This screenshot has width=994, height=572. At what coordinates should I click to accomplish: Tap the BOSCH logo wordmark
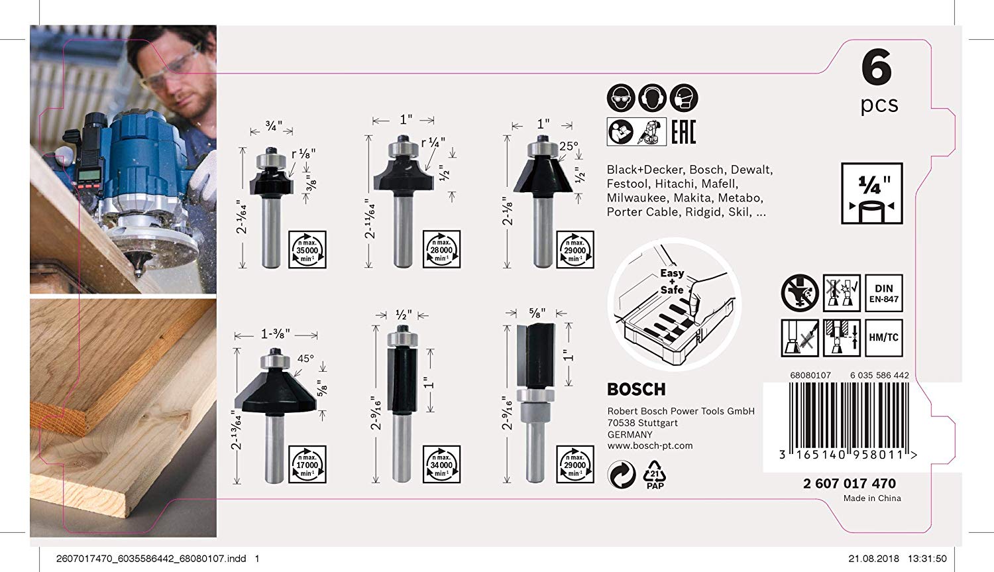636,389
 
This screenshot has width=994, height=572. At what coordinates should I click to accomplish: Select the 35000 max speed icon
307,250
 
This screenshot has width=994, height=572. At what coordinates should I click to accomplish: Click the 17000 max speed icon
307,464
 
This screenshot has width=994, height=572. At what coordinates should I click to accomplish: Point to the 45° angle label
305,359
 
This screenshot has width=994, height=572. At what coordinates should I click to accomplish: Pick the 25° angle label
569,146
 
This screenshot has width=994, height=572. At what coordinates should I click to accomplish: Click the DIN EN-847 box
884,293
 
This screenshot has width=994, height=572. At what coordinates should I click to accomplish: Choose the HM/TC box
884,337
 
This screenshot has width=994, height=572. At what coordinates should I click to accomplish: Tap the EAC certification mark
683,132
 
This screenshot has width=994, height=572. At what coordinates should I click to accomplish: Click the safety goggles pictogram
621,99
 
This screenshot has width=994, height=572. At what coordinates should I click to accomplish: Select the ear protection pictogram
652,99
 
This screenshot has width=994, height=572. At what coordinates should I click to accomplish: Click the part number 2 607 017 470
850,483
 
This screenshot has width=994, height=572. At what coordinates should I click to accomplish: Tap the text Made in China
872,498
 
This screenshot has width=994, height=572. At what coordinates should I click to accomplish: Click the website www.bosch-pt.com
650,446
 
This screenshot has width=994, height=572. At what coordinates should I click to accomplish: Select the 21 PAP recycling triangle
655,474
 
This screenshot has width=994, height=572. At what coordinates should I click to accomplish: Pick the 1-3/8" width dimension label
276,334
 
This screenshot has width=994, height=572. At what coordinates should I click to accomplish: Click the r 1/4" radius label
433,143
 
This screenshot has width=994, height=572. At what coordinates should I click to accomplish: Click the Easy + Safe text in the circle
672,282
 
